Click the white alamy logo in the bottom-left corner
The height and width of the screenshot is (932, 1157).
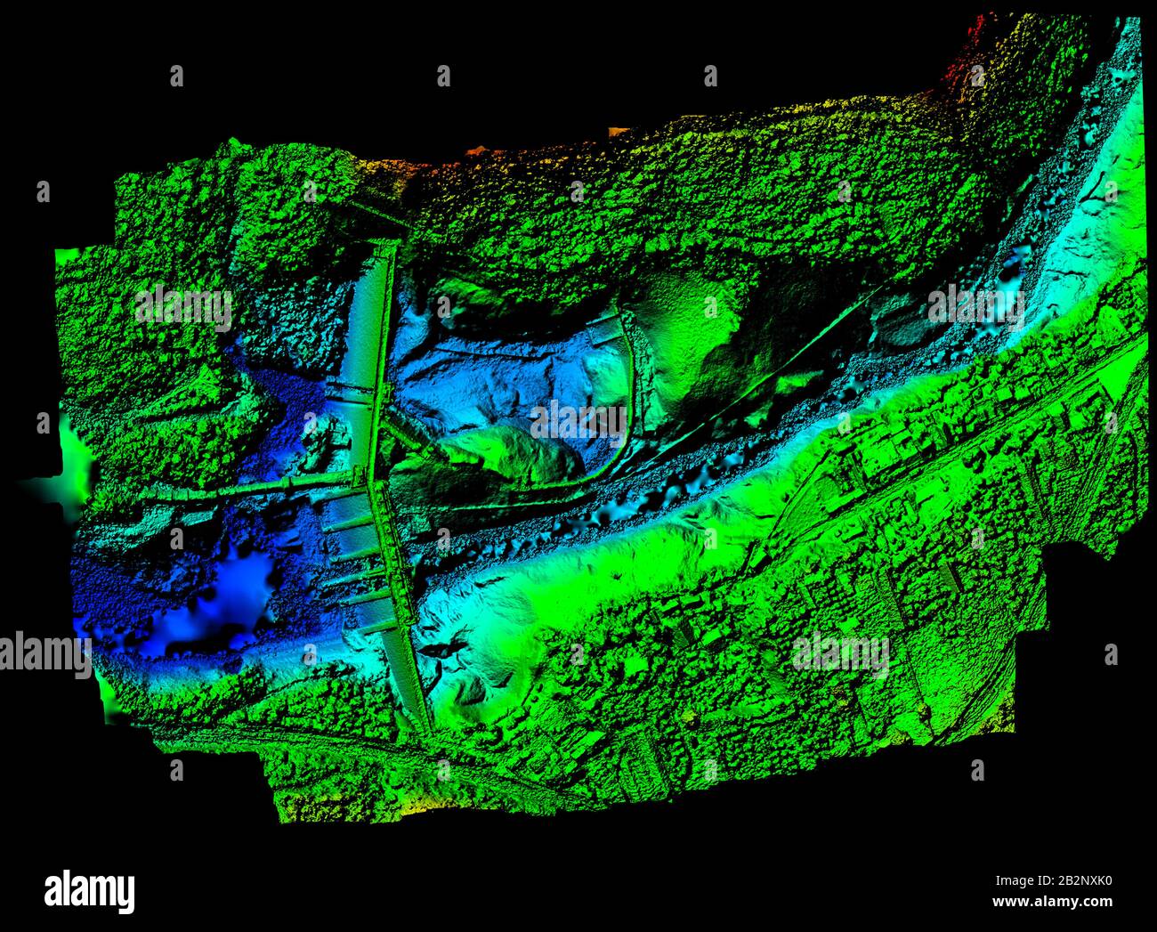(89, 891)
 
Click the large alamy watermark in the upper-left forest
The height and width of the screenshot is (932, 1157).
(184, 308)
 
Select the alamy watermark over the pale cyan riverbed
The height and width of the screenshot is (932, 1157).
(975, 305)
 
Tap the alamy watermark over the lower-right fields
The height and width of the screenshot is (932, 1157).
(840, 655)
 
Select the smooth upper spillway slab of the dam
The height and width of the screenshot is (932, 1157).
(367, 320)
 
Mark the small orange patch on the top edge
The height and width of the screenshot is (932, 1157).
(617, 132)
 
